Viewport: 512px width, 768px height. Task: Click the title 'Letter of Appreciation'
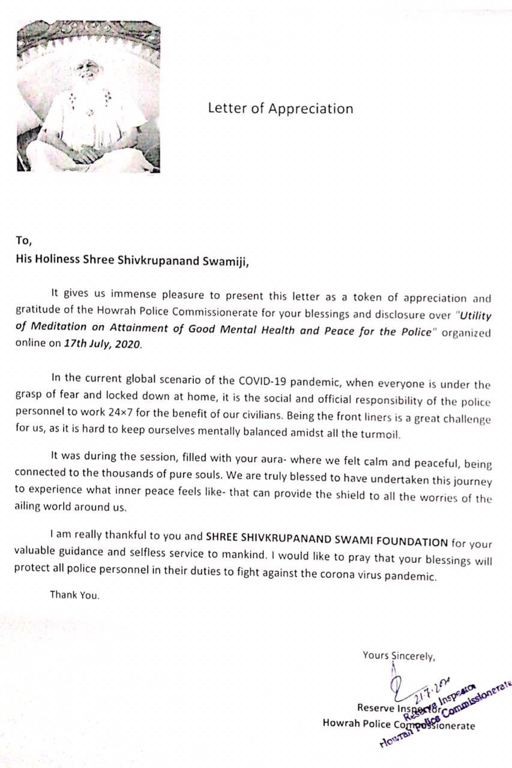tap(280, 109)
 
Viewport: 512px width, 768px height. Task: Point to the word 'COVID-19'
tap(263, 379)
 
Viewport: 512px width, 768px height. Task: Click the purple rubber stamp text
tap(448, 713)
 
